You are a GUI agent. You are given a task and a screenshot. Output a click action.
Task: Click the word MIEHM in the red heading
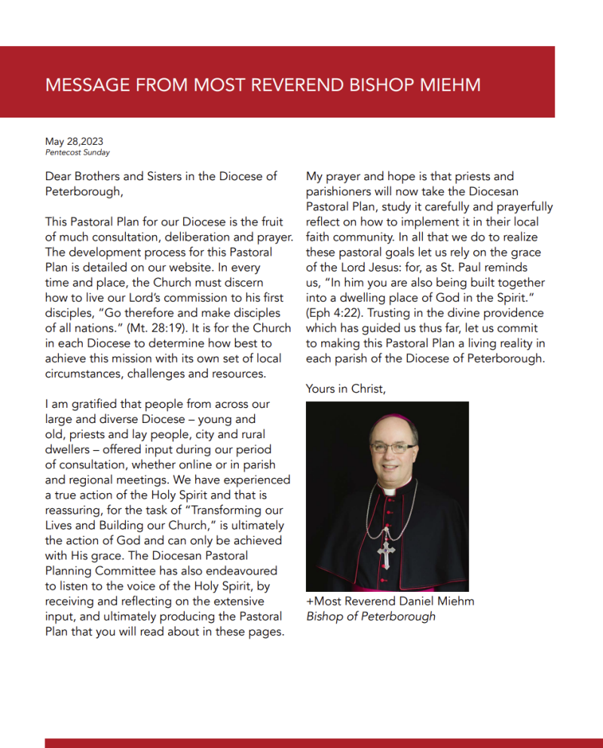449,84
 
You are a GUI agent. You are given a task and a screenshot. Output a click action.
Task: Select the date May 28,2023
74,142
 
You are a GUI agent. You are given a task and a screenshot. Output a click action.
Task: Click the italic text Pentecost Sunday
78,152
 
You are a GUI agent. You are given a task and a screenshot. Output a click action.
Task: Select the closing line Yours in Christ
346,388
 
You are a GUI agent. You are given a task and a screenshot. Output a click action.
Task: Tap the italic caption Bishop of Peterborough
371,616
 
